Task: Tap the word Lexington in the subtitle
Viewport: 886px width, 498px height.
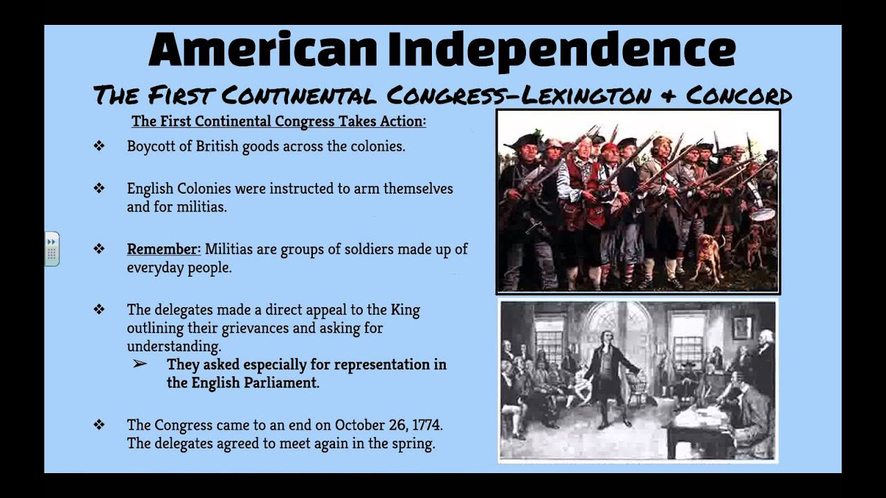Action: point(584,95)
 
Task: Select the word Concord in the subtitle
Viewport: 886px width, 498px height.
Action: point(739,95)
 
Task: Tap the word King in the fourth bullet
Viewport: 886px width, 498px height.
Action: point(405,309)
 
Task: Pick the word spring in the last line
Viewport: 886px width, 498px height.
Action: point(413,443)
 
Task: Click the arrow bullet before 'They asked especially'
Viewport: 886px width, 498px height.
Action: point(140,364)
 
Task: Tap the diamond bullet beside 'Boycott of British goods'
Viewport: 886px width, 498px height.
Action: point(99,147)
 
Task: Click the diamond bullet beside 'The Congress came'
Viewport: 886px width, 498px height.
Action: point(99,424)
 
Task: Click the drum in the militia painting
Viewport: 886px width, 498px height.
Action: point(763,215)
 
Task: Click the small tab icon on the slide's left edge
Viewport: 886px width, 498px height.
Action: point(52,249)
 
